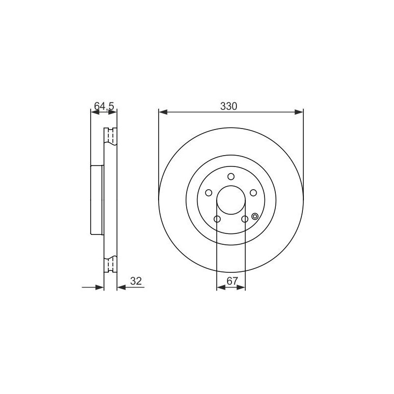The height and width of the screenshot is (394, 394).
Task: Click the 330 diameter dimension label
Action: (229, 106)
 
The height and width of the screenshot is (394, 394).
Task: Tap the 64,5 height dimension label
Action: (104, 106)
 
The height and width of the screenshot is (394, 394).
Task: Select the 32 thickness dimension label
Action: (136, 281)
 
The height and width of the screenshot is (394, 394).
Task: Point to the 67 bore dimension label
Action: (232, 281)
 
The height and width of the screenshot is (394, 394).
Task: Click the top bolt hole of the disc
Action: (231, 177)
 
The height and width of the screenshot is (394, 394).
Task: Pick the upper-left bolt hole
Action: (208, 193)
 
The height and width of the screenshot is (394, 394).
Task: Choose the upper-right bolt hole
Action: (253, 193)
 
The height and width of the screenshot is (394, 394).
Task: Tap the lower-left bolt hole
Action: (217, 219)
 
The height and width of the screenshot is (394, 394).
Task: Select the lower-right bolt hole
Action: (245, 219)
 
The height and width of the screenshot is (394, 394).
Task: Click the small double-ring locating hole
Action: (255, 216)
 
